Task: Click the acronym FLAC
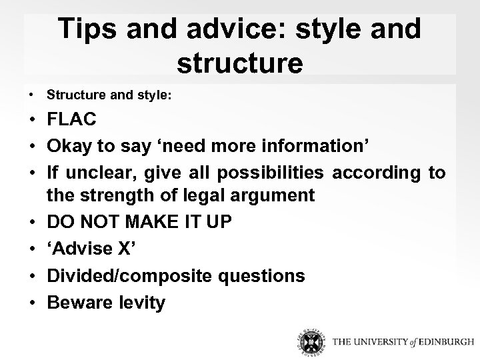[x=71, y=119]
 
